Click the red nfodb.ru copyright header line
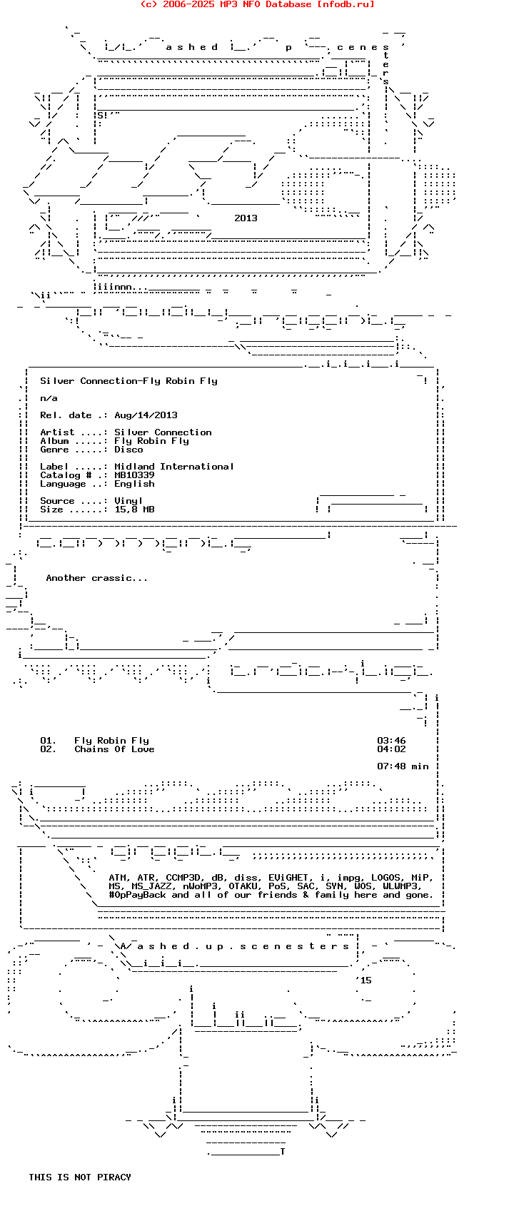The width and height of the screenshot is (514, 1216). point(257,4)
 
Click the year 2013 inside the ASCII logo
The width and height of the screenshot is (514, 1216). point(246,218)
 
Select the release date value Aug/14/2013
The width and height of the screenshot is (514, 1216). point(146,415)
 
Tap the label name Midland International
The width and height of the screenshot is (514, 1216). point(174,467)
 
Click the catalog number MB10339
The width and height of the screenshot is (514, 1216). point(134,475)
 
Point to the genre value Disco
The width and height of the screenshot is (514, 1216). point(128,450)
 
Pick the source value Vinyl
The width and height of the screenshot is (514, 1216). point(128,501)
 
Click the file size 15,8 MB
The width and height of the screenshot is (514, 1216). point(134,510)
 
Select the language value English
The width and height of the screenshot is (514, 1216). point(134,484)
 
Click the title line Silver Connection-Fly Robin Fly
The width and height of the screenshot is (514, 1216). point(128,381)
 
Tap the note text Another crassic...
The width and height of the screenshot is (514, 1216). point(97,578)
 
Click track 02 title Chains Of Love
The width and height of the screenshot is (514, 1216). point(114,749)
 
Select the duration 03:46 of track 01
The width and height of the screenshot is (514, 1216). point(391,741)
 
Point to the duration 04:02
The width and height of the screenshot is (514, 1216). point(391,749)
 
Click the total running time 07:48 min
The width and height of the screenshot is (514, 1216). point(403,766)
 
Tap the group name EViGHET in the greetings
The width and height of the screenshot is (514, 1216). point(288,878)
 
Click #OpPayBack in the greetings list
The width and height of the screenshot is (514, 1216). point(137,895)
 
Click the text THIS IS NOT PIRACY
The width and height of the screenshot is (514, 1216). point(80,1177)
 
